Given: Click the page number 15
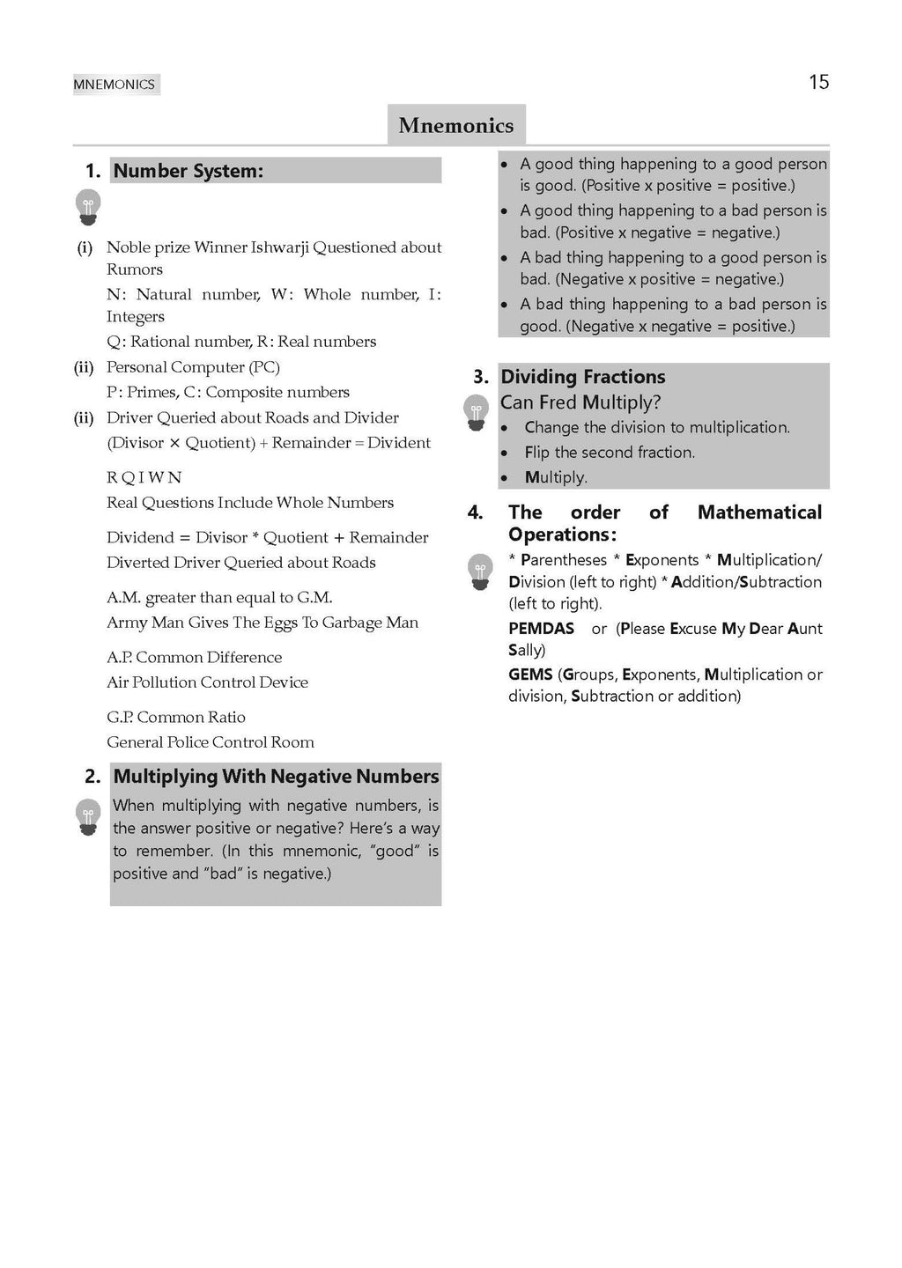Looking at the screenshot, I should click(818, 82).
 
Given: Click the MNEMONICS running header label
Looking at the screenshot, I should click(115, 85).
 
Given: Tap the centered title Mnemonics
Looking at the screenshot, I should click(455, 125).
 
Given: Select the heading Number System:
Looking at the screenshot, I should click(189, 171).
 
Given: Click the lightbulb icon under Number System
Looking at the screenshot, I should click(88, 207).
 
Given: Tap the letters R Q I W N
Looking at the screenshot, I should click(144, 477).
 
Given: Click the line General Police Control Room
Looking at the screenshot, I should click(211, 742).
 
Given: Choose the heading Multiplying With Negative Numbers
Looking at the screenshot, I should click(276, 776).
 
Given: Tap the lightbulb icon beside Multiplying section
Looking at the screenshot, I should click(88, 817).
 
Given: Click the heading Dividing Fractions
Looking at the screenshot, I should click(583, 377).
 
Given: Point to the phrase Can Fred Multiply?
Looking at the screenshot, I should click(580, 402).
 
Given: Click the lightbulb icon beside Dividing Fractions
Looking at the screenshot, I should click(476, 412).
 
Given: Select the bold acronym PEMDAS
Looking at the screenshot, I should click(541, 629).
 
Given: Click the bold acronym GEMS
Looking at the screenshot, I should click(530, 675).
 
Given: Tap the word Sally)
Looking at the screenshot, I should click(527, 650).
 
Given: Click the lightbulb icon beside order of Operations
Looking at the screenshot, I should click(480, 571).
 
